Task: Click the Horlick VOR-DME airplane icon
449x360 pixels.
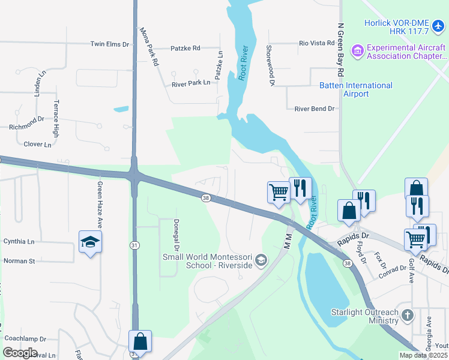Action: point(438,26)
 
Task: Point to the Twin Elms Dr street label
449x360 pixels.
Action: point(109,44)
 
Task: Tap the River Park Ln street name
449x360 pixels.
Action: point(191,83)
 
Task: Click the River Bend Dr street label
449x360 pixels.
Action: point(314,109)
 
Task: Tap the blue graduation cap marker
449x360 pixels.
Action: point(90,241)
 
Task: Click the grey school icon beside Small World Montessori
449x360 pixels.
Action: point(261,260)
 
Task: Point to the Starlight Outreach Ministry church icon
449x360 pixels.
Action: point(407,315)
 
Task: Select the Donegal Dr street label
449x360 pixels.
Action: point(177,235)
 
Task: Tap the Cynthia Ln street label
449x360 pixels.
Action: point(19,241)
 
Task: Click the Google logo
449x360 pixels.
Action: point(20,352)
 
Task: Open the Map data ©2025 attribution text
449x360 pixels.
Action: point(423,355)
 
